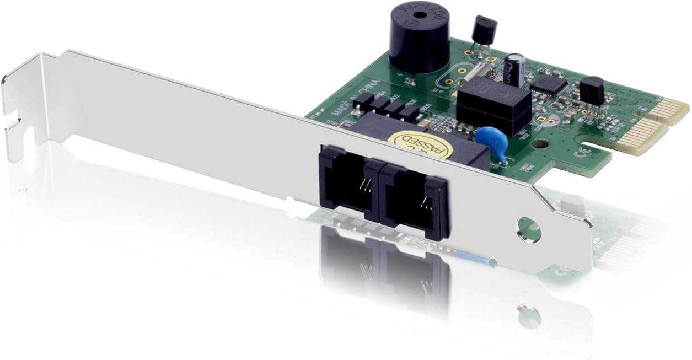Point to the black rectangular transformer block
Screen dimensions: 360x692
point(493,105)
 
